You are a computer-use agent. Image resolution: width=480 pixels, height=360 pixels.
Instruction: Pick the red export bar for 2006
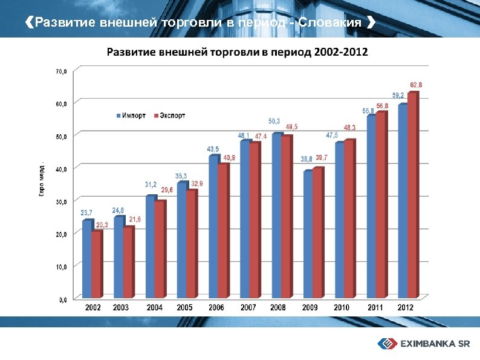pos(223,230)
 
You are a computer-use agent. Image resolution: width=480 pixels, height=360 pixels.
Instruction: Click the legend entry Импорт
pos(130,116)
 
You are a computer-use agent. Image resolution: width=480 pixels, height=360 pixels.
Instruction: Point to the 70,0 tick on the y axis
pos(62,71)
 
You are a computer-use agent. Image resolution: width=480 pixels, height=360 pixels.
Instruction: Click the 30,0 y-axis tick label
pos(62,200)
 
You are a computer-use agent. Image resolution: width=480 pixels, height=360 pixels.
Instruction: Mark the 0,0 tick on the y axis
pos(63,298)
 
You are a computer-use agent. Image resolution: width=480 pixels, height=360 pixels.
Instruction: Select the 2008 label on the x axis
pos(278,308)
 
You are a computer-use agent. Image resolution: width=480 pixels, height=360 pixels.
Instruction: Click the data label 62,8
pos(416,85)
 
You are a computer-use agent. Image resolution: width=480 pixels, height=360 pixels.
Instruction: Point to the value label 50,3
pos(274,121)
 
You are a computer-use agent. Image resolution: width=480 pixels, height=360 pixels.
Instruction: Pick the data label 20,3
pos(102,225)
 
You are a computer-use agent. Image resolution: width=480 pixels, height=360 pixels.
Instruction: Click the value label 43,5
pos(213,149)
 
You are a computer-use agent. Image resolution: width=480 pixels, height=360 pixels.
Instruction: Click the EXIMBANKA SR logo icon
pos(387,344)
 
